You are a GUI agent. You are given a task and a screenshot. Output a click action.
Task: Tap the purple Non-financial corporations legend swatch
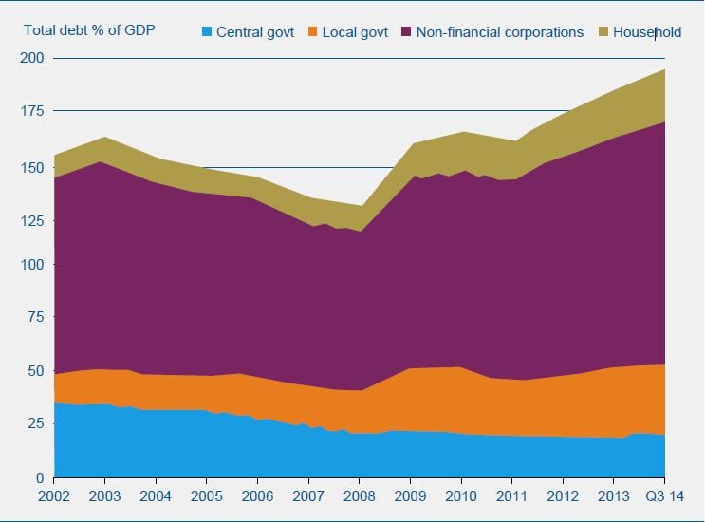[x=406, y=32]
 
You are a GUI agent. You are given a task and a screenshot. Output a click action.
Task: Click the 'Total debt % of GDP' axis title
[x=88, y=29]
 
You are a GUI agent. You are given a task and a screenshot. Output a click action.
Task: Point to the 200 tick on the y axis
[x=34, y=58]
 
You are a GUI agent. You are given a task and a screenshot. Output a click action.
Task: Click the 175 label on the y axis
[x=34, y=111]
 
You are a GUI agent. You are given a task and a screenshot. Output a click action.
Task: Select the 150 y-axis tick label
[x=34, y=168]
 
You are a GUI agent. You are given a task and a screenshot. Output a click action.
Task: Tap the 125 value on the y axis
[x=34, y=221]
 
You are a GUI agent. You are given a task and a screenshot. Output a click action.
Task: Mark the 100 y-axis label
[x=34, y=265]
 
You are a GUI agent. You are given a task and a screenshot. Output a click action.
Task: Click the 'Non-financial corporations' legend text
[x=500, y=32]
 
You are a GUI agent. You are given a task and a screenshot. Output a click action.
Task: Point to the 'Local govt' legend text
[x=355, y=32]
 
